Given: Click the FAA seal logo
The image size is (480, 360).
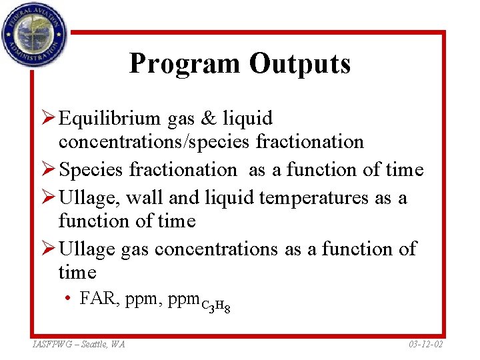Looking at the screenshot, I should (x=33, y=34).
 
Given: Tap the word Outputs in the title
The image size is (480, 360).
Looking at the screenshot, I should (x=299, y=63).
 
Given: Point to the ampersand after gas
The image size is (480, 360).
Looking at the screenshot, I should (x=209, y=119).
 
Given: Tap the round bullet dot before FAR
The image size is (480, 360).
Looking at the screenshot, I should (x=69, y=299).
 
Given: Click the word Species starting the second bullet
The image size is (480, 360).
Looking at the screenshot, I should (x=91, y=170).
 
